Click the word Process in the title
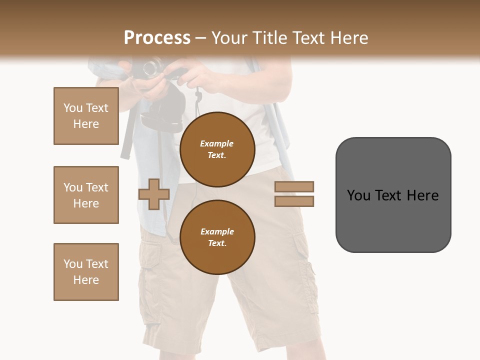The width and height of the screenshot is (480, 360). [x=157, y=38]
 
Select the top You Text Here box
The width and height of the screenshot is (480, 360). [x=86, y=116]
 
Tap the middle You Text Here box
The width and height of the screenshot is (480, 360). [x=86, y=195]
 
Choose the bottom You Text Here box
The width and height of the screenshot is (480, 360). [x=86, y=272]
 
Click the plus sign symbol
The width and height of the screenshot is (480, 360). [x=154, y=194]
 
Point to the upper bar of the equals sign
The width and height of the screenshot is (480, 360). [x=294, y=186]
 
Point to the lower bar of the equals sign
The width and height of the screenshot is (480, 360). [x=294, y=201]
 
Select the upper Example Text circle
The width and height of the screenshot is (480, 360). [x=217, y=149]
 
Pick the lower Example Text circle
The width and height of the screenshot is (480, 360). [x=217, y=237]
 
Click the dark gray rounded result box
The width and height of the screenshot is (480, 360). [x=393, y=195]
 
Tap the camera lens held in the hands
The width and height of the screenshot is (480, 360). [x=152, y=67]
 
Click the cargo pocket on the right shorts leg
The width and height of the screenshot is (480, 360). [x=302, y=250]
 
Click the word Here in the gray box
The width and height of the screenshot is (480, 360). [x=423, y=195]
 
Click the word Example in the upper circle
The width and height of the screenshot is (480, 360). [x=217, y=143]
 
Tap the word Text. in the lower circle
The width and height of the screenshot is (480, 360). [x=217, y=243]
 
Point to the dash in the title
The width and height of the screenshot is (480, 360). [x=200, y=38]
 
